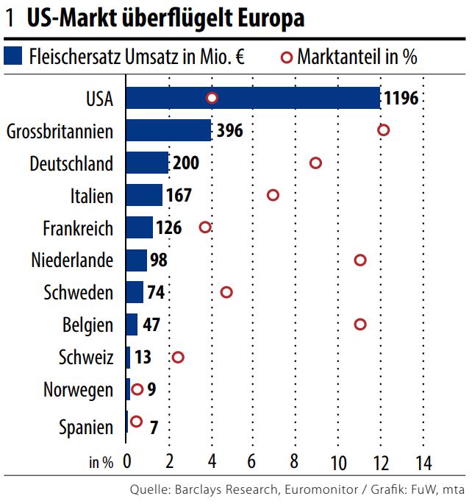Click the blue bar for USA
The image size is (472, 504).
click(253, 98)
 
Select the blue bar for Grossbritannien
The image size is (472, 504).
click(168, 130)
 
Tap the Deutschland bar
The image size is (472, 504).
click(147, 163)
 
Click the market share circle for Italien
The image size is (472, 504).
click(273, 195)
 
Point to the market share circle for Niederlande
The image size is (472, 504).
click(360, 260)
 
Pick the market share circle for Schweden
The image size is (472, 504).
click(226, 292)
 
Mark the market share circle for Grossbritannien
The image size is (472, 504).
click(383, 130)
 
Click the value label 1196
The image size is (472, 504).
click(401, 99)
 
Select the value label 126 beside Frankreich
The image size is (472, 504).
click(169, 228)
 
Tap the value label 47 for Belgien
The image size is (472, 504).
click(151, 324)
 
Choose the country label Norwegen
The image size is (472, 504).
click(78, 390)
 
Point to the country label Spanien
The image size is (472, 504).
click(85, 427)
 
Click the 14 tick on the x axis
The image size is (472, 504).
click(423, 463)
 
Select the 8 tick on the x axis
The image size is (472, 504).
click(294, 463)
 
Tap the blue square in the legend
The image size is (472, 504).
click(14, 57)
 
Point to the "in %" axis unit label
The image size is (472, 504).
click(101, 463)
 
